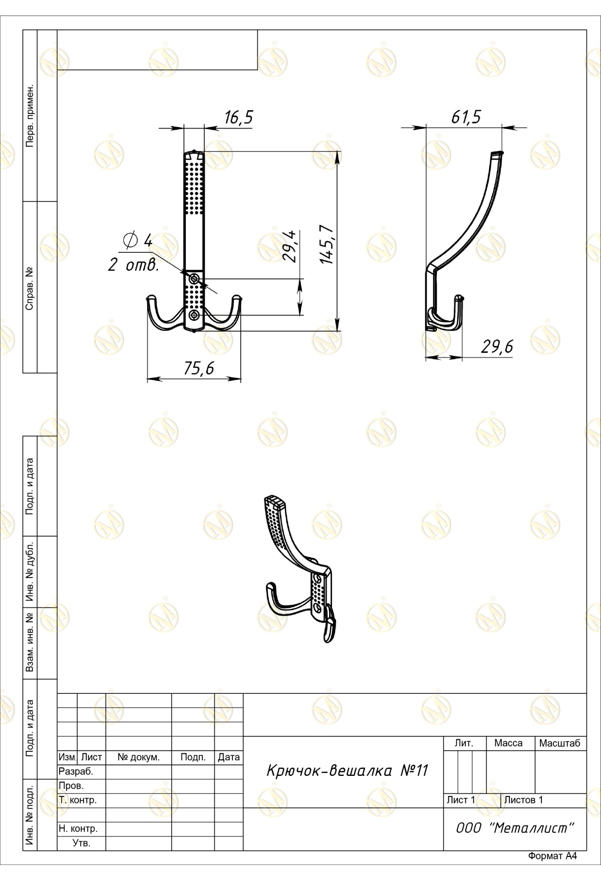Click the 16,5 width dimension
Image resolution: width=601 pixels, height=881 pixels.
coord(238,118)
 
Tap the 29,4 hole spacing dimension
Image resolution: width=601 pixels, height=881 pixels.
coord(290,246)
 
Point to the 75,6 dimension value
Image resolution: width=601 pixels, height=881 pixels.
coord(199,368)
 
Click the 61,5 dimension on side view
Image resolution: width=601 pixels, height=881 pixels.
coord(466,117)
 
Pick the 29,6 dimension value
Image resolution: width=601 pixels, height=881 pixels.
coord(497,346)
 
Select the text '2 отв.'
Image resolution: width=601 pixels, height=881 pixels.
coord(134,265)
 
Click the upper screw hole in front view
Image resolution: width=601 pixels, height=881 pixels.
coord(194,278)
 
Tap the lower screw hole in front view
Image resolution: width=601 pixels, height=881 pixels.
coord(194,315)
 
